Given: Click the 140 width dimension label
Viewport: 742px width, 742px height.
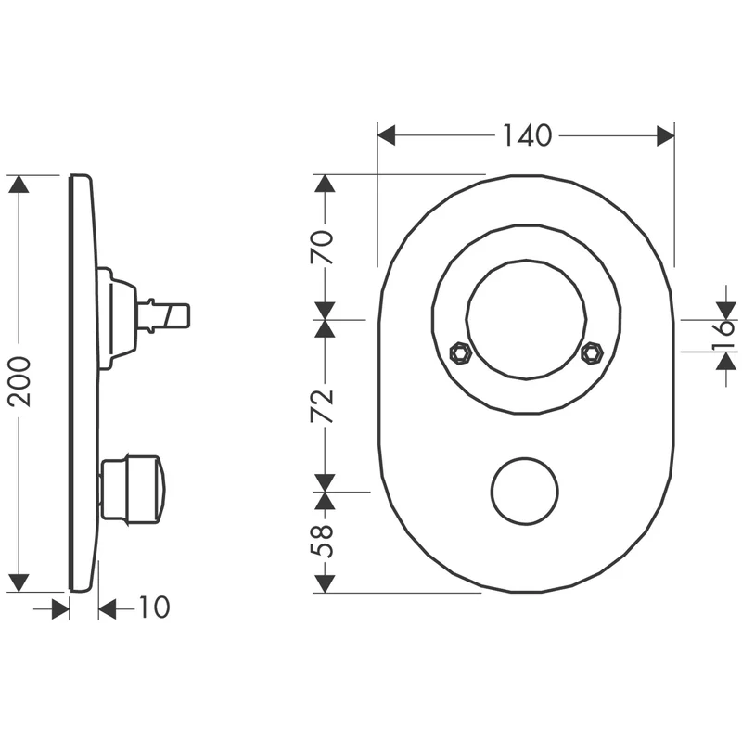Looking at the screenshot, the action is point(527,135).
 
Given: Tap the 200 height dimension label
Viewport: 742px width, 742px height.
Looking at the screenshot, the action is point(19,381).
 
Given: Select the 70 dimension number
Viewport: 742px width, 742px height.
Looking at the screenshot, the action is point(322,247).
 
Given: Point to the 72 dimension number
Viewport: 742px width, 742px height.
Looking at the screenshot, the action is point(322,406).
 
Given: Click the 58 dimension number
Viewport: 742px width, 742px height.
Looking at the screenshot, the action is point(322,541).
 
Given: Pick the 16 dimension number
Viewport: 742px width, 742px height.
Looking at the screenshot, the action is point(724,335).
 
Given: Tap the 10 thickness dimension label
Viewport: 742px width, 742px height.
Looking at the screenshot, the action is point(154,607).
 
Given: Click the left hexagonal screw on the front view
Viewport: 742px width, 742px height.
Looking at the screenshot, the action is point(460,352).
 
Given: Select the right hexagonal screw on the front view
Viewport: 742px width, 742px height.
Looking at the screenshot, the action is point(592,352).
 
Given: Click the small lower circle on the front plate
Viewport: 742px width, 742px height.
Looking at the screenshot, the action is point(525,491).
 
